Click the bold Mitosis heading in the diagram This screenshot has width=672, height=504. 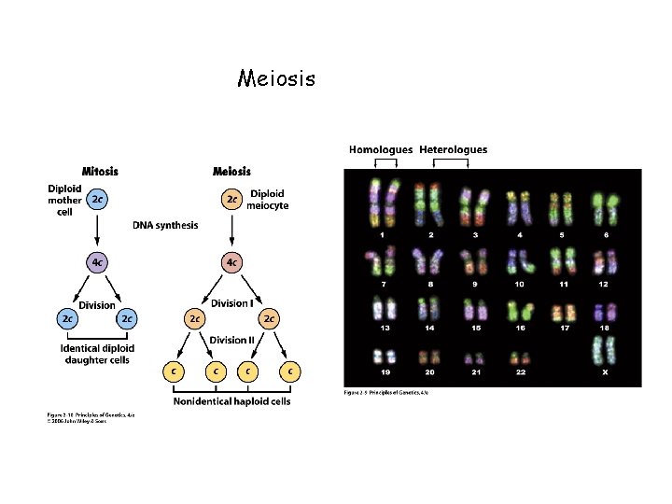[100, 171]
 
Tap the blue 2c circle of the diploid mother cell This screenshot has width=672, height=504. [97, 199]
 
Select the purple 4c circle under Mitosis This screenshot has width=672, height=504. [97, 263]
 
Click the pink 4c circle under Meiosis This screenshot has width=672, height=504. [231, 263]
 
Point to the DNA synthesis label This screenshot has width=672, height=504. [165, 226]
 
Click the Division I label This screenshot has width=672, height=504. [231, 303]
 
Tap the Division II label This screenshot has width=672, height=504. [231, 340]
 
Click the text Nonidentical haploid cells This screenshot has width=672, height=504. [231, 401]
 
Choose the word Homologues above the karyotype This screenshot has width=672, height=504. [381, 149]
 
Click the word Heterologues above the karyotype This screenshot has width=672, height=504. [454, 149]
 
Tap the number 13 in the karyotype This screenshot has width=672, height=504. [385, 329]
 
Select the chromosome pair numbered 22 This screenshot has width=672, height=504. [521, 357]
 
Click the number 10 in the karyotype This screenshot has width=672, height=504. [519, 284]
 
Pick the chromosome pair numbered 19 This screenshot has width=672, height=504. [384, 357]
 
